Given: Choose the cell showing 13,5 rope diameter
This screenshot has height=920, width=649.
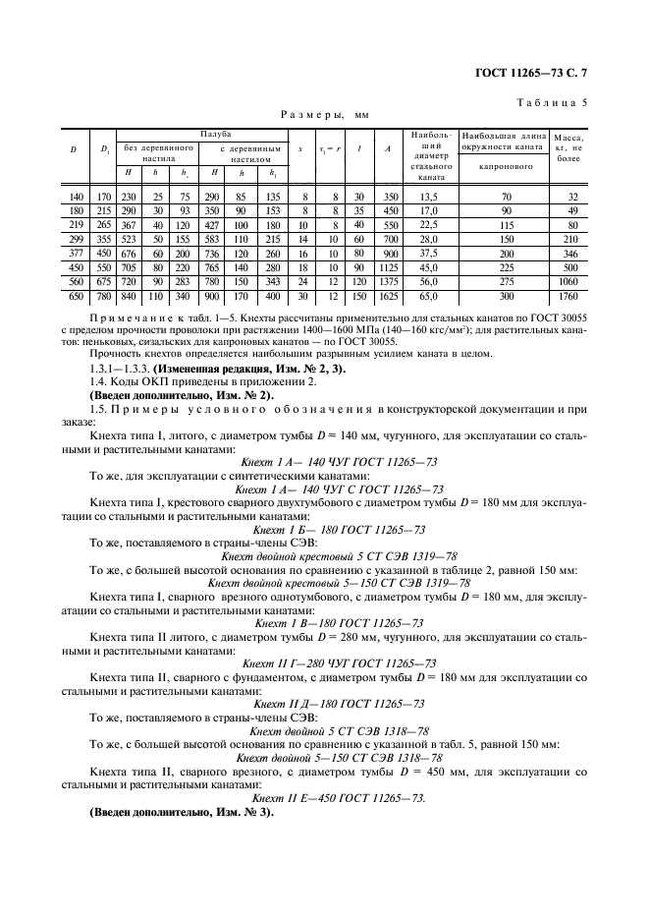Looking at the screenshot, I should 429,196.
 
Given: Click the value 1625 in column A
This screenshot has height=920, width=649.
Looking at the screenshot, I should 388,297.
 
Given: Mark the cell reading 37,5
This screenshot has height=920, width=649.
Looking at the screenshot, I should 429,251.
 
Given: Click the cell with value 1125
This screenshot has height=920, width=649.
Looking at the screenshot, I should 388,265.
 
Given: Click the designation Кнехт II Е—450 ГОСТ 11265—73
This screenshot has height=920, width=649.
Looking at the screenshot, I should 339,799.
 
